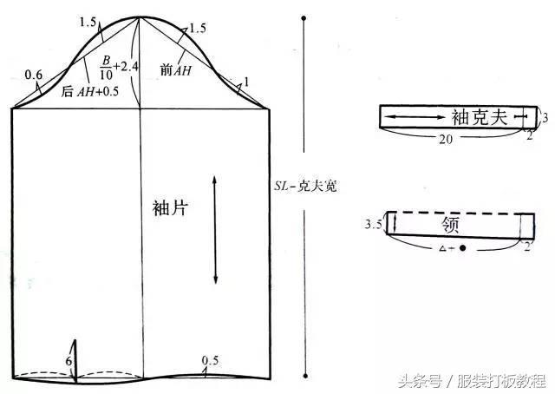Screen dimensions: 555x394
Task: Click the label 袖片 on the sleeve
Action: pyautogui.click(x=169, y=209)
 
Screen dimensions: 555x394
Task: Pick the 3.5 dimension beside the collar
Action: pyautogui.click(x=374, y=225)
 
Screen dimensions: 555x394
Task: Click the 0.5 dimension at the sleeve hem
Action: pyautogui.click(x=210, y=360)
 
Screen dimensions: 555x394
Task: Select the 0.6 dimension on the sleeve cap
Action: pyautogui.click(x=34, y=75)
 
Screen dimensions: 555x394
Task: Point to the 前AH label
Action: pyautogui.click(x=177, y=70)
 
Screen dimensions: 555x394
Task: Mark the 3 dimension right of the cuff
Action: pyautogui.click(x=545, y=115)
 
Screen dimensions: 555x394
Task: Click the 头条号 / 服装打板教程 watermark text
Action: pyautogui.click(x=472, y=380)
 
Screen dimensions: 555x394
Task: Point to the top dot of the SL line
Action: pyautogui.click(x=304, y=17)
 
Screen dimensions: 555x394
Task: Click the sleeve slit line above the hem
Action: pyautogui.click(x=75, y=358)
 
